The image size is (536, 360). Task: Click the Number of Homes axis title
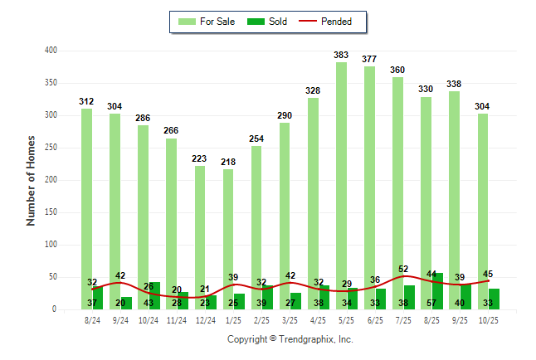pyautogui.click(x=32, y=180)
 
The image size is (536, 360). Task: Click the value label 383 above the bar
pyautogui.click(x=341, y=55)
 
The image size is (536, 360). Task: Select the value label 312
pyautogui.click(x=86, y=101)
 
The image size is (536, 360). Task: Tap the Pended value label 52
pyautogui.click(x=403, y=269)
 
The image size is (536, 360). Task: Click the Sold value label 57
pyautogui.click(x=431, y=303)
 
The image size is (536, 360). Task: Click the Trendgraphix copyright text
pyautogui.click(x=290, y=339)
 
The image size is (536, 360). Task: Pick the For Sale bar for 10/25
pyautogui.click(x=482, y=207)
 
